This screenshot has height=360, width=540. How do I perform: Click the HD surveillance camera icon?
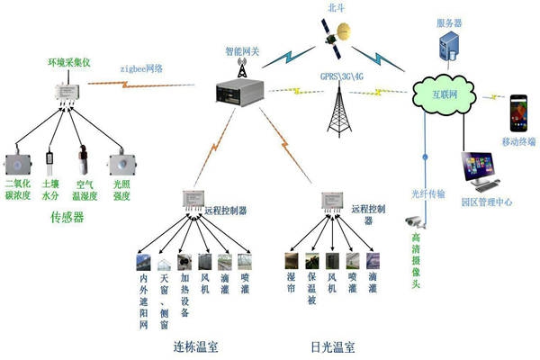[x=414, y=220]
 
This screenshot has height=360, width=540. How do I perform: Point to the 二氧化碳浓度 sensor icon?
[x=19, y=165]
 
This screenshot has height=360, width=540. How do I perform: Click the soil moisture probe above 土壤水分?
[x=49, y=162]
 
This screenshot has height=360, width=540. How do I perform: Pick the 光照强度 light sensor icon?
[x=121, y=165]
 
